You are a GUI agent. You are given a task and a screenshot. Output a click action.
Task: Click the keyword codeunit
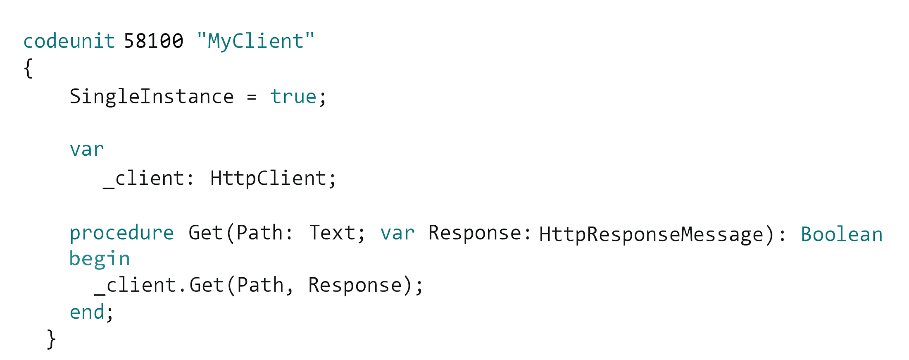point(69,41)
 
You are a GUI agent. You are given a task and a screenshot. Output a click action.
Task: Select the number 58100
point(153,41)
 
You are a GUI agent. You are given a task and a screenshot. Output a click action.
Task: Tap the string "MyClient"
point(255,41)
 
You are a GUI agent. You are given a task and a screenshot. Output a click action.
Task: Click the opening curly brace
point(28,68)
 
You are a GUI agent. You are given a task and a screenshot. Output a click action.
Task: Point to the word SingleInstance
point(151,97)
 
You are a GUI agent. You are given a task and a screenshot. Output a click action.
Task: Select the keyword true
point(293,97)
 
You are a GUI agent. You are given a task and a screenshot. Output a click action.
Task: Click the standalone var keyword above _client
point(86,150)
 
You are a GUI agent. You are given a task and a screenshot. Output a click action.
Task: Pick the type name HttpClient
point(269,179)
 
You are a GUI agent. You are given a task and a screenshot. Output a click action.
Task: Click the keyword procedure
point(121,233)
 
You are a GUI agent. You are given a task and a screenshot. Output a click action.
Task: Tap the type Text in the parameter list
point(332,233)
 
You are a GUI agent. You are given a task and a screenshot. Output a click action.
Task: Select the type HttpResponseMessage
point(651,235)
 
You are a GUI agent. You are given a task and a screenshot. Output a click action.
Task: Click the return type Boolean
point(841,235)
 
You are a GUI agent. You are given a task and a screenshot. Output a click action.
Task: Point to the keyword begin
point(100,259)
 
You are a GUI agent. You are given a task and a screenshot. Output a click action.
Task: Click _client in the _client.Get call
point(135,286)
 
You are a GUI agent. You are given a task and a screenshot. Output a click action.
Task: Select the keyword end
point(87,312)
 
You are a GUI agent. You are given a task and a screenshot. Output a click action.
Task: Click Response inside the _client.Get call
point(355,286)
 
